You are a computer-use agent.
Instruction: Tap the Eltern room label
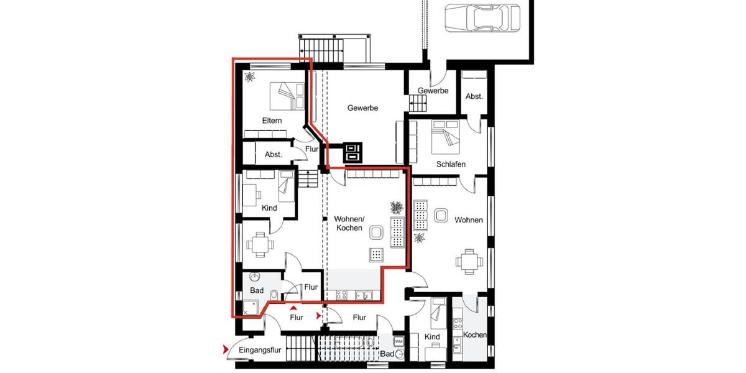272,121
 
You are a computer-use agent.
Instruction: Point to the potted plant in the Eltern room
250,77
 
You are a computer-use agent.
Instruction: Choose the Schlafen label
451,164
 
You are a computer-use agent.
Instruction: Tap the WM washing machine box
398,341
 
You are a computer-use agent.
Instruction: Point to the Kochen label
475,335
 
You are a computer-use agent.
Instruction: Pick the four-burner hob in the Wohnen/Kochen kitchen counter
341,296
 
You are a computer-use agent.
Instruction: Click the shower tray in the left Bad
251,306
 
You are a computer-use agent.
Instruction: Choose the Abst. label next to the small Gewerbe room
474,97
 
